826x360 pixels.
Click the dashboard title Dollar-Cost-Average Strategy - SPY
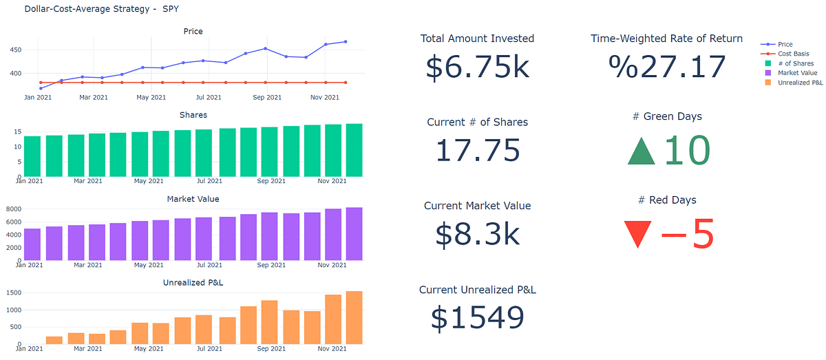[103, 10]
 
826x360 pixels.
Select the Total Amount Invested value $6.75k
[477, 67]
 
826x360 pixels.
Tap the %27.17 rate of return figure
[667, 67]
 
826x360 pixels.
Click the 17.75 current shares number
[477, 151]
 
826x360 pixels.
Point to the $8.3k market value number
[477, 235]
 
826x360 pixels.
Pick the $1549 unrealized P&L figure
[477, 318]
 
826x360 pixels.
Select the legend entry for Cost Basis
[793, 54]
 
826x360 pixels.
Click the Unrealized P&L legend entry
[800, 83]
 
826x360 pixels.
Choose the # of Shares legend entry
[795, 63]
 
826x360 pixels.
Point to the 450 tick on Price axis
[14, 50]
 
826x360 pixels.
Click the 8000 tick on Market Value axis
[13, 209]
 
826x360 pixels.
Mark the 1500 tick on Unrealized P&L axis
[13, 293]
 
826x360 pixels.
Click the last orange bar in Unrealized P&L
[354, 317]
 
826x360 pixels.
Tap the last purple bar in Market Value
[354, 234]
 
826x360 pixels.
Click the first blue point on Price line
[41, 88]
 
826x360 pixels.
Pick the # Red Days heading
[667, 200]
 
